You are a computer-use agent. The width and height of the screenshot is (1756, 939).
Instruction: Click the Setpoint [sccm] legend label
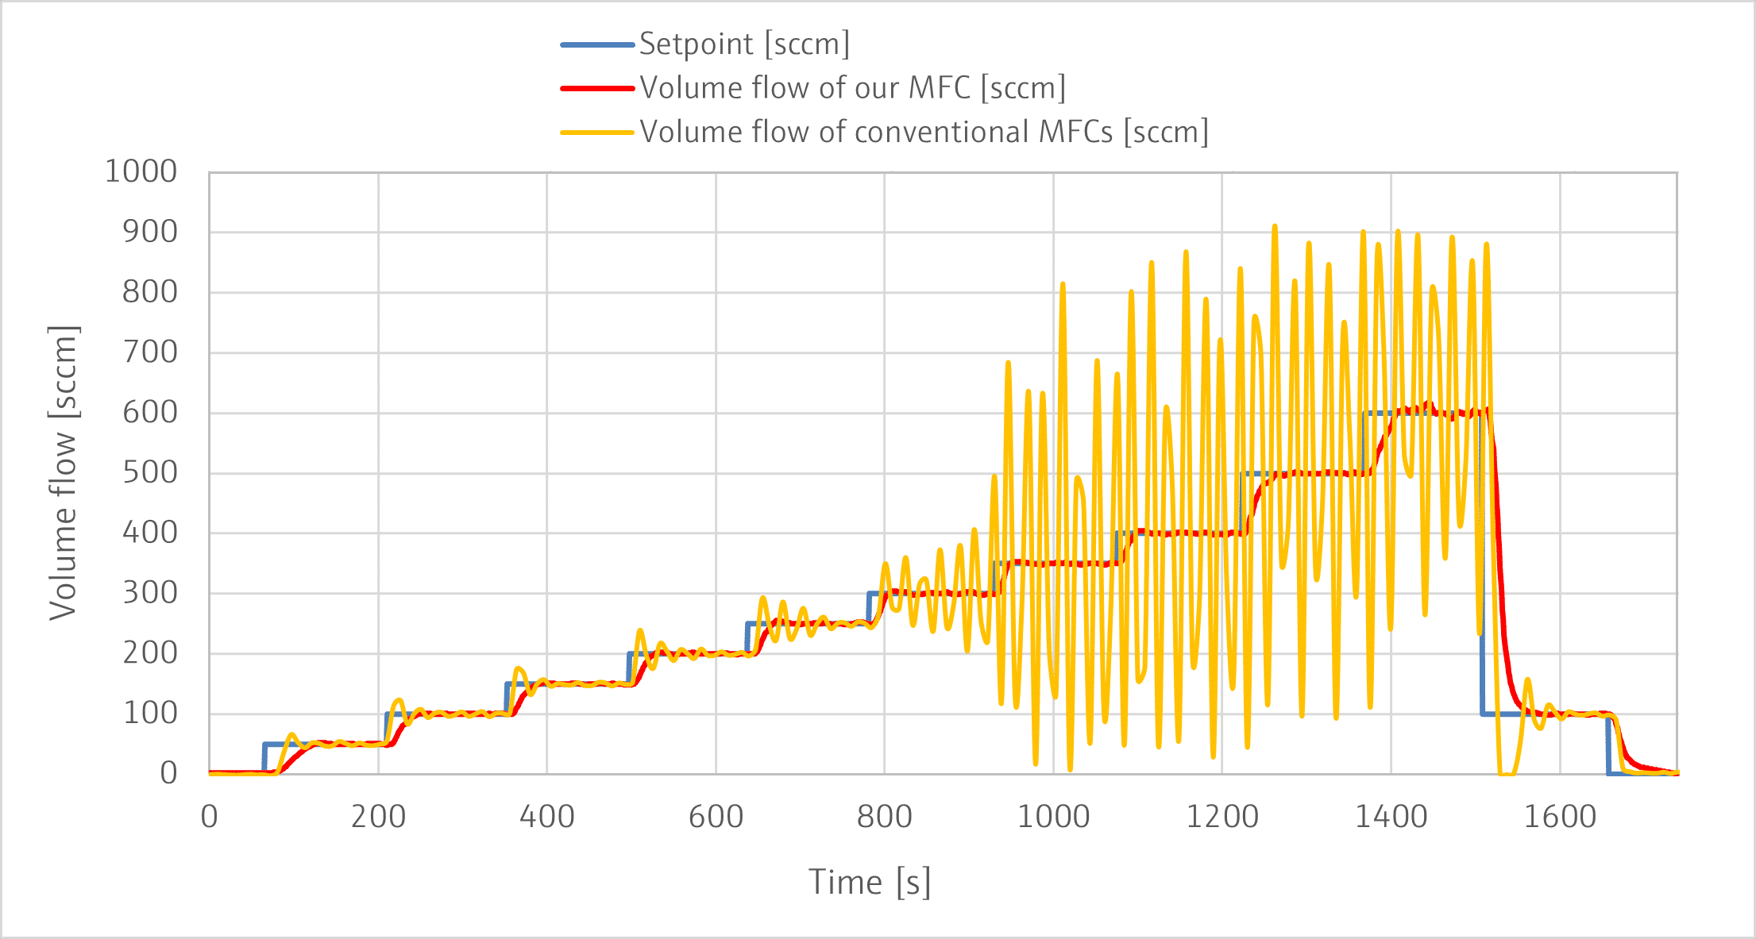(x=744, y=44)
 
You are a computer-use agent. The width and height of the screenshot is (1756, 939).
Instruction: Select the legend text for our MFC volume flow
(x=853, y=88)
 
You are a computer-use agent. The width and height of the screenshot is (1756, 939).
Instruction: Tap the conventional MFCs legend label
(x=924, y=132)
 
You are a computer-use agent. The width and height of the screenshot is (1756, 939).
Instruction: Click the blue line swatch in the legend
(x=597, y=44)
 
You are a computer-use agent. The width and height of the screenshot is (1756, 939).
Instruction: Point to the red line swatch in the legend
(x=597, y=88)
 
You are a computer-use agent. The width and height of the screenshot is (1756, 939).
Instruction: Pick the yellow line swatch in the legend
(x=597, y=132)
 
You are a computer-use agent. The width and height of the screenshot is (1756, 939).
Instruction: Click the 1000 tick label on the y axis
(x=141, y=171)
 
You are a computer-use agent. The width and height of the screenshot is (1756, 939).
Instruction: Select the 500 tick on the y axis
(x=149, y=472)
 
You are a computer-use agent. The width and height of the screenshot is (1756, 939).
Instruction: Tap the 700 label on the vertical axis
(x=149, y=352)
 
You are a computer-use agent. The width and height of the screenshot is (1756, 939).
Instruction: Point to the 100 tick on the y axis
(x=149, y=713)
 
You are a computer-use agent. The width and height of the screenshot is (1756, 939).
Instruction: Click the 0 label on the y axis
(x=168, y=773)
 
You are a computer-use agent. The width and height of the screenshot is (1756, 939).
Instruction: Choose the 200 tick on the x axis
(x=378, y=817)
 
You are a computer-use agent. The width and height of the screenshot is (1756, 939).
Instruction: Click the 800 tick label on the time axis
(x=884, y=817)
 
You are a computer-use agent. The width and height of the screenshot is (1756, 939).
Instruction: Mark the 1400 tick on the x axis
(x=1391, y=817)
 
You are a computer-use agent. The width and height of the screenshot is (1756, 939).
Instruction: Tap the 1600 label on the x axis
(x=1559, y=817)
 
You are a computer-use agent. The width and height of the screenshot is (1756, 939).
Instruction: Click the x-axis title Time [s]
(x=870, y=882)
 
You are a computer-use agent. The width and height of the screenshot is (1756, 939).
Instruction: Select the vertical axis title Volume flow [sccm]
(x=63, y=472)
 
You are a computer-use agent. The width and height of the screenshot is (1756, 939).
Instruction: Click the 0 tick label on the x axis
(x=210, y=817)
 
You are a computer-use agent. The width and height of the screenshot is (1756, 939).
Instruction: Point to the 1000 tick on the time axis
(x=1053, y=817)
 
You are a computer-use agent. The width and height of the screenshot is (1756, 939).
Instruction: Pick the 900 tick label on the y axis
(x=149, y=232)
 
